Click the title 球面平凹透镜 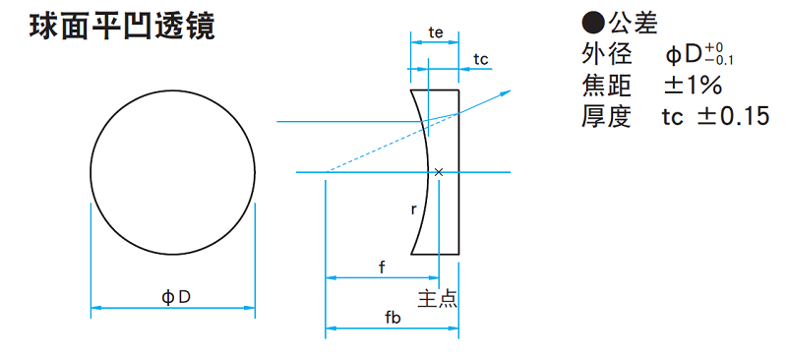click(x=122, y=28)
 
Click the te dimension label click(x=435, y=33)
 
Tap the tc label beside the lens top click(x=480, y=59)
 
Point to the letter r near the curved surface click(x=413, y=210)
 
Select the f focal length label click(x=382, y=268)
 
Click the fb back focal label click(x=393, y=319)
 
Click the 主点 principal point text click(x=438, y=298)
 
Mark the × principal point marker click(x=439, y=172)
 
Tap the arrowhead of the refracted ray click(x=507, y=92)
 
